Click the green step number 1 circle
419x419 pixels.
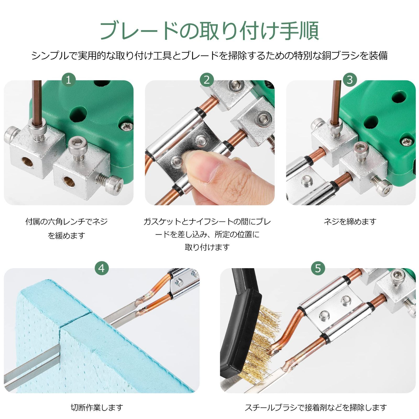(x=69, y=80)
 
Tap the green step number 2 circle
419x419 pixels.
(x=207, y=80)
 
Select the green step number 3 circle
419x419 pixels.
(x=350, y=80)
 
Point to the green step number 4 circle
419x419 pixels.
(x=102, y=268)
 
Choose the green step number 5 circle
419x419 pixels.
(x=318, y=268)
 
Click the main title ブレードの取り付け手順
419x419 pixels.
(x=210, y=31)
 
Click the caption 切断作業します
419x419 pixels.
(x=97, y=407)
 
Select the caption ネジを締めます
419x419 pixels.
(x=350, y=222)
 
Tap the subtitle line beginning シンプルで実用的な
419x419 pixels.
(x=210, y=56)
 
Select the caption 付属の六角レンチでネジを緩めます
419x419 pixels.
(x=67, y=228)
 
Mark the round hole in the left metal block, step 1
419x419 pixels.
(x=27, y=162)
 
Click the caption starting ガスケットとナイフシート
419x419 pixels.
(x=207, y=234)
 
